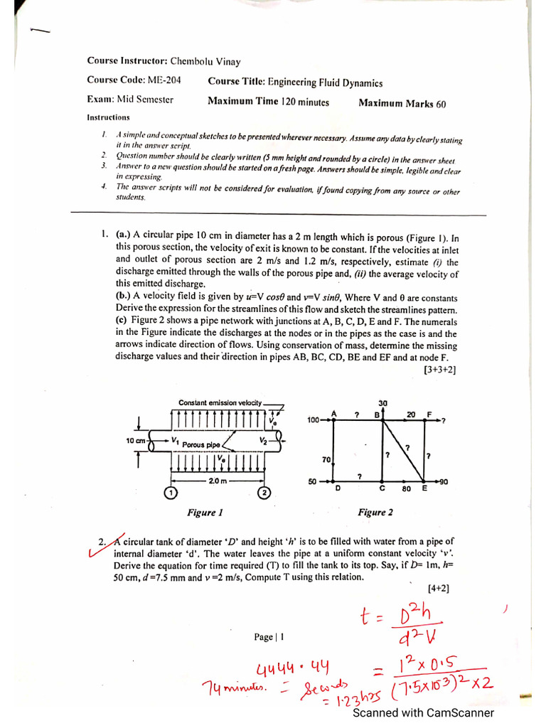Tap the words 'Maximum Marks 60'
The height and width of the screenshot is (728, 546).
point(402,103)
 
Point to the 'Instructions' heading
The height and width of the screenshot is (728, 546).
point(108,117)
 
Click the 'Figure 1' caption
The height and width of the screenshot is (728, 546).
point(205,512)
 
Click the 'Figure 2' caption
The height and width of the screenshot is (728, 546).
point(375,512)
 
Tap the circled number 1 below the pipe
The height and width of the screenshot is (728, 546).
point(171,493)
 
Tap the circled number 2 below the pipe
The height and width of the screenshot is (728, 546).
point(264,493)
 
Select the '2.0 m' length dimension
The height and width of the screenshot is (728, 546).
point(218,481)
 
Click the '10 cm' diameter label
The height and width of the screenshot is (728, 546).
point(135,441)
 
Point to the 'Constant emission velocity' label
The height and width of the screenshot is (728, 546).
point(220,403)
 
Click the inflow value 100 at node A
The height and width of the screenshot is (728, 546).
point(313,420)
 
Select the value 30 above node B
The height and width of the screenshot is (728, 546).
point(383,403)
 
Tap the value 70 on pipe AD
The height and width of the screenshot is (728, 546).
point(326,460)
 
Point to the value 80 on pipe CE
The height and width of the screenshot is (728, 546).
point(407,489)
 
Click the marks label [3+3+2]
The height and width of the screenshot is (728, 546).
point(439,370)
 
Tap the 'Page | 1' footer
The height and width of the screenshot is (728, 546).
point(269,637)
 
